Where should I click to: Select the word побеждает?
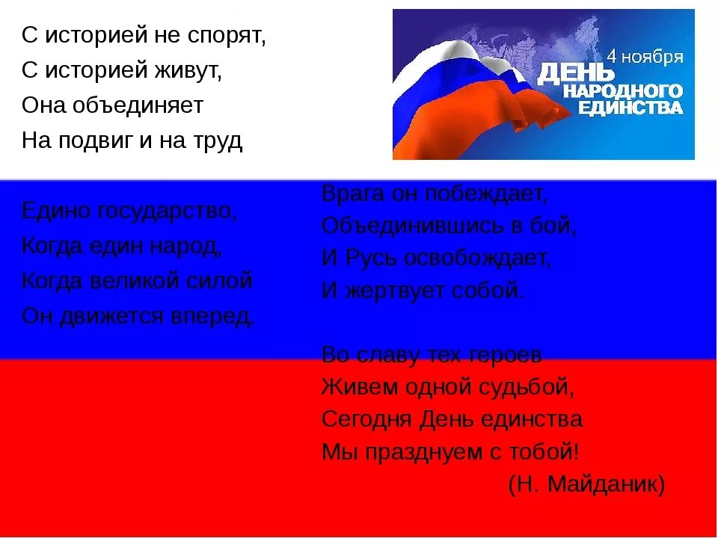point(486,194)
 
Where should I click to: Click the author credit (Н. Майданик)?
point(586,484)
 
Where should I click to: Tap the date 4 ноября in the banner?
point(644,57)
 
